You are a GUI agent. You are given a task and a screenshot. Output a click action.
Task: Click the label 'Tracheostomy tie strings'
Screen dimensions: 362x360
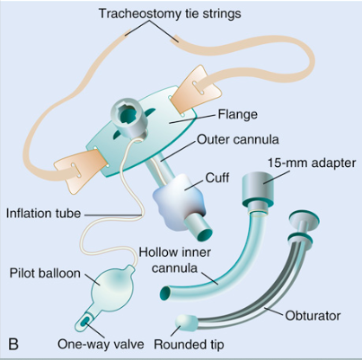pos(170,13)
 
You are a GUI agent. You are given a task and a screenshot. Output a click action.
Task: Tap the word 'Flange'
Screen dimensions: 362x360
pos(237,114)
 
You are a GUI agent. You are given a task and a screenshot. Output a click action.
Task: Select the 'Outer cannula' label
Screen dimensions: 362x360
pos(238,139)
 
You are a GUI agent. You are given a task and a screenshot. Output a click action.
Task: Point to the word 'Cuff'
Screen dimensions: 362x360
pos(217,178)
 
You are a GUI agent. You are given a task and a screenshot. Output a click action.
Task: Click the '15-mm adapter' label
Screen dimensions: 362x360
pos(312,163)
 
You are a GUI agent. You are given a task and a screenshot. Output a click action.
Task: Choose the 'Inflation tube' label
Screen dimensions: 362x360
pos(44,214)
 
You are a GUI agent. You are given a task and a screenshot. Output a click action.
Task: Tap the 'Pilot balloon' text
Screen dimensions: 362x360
pos(45,274)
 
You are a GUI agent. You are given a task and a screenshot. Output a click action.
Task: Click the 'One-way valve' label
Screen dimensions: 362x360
pos(101,344)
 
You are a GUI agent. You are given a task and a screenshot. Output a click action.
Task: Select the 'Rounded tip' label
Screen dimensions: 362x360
pos(189,345)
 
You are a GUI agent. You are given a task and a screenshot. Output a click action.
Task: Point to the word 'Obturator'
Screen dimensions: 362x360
pos(313,316)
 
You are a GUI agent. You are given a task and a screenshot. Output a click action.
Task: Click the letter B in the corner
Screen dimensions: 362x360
pos(13,344)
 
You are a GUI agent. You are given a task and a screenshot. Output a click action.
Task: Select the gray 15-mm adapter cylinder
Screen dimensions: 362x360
pos(258,189)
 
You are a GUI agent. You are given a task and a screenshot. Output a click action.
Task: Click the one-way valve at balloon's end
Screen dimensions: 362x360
pos(84,320)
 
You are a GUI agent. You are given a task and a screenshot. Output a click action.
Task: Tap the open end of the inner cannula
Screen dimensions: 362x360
pos(165,293)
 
